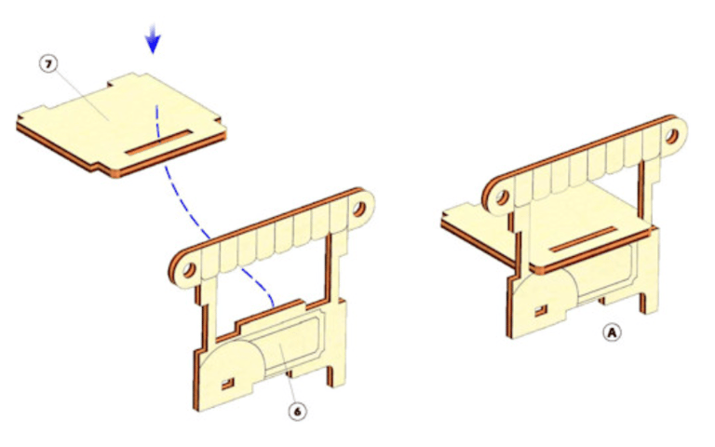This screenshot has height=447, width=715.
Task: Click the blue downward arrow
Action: pyautogui.click(x=153, y=38)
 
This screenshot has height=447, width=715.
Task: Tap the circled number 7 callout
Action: pyautogui.click(x=48, y=64)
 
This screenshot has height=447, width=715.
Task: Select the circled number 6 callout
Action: pyautogui.click(x=297, y=412)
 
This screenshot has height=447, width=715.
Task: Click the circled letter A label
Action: pyautogui.click(x=612, y=332)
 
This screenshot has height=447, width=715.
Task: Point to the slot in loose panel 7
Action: pyautogui.click(x=159, y=142)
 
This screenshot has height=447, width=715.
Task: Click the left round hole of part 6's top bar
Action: pyautogui.click(x=188, y=271)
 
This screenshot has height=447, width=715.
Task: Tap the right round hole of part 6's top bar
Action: pyautogui.click(x=359, y=209)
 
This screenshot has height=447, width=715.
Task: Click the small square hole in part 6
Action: pyautogui.click(x=227, y=384)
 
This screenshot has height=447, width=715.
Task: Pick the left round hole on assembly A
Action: pyautogui.click(x=502, y=197)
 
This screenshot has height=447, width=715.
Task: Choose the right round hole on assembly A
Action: pyautogui.click(x=672, y=136)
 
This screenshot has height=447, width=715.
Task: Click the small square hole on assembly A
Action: pyautogui.click(x=541, y=311)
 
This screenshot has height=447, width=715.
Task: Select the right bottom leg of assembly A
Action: pyautogui.click(x=648, y=300)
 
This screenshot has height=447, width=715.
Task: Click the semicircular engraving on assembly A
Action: pyautogui.click(x=544, y=291)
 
